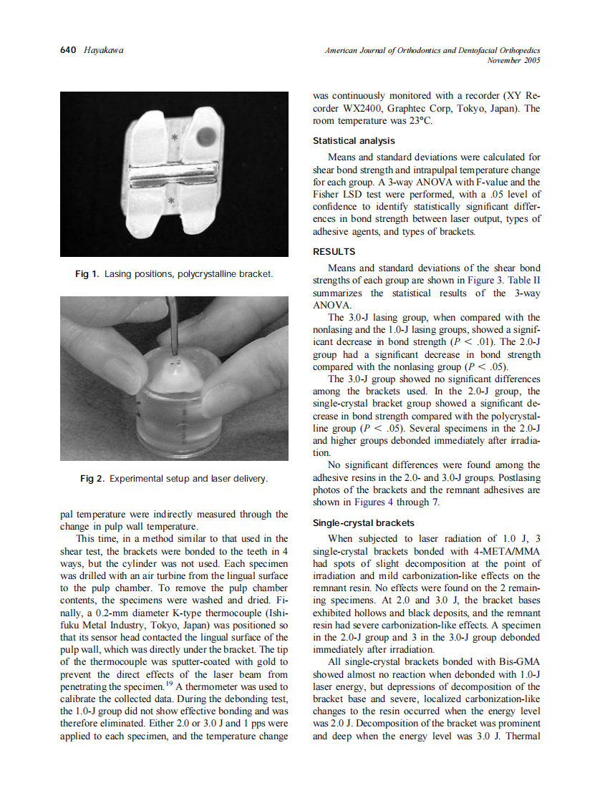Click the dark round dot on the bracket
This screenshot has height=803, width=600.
206,134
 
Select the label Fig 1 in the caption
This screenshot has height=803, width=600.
88,275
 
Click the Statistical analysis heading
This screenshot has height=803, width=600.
354,141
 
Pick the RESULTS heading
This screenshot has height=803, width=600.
334,252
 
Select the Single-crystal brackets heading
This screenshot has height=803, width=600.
363,523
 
